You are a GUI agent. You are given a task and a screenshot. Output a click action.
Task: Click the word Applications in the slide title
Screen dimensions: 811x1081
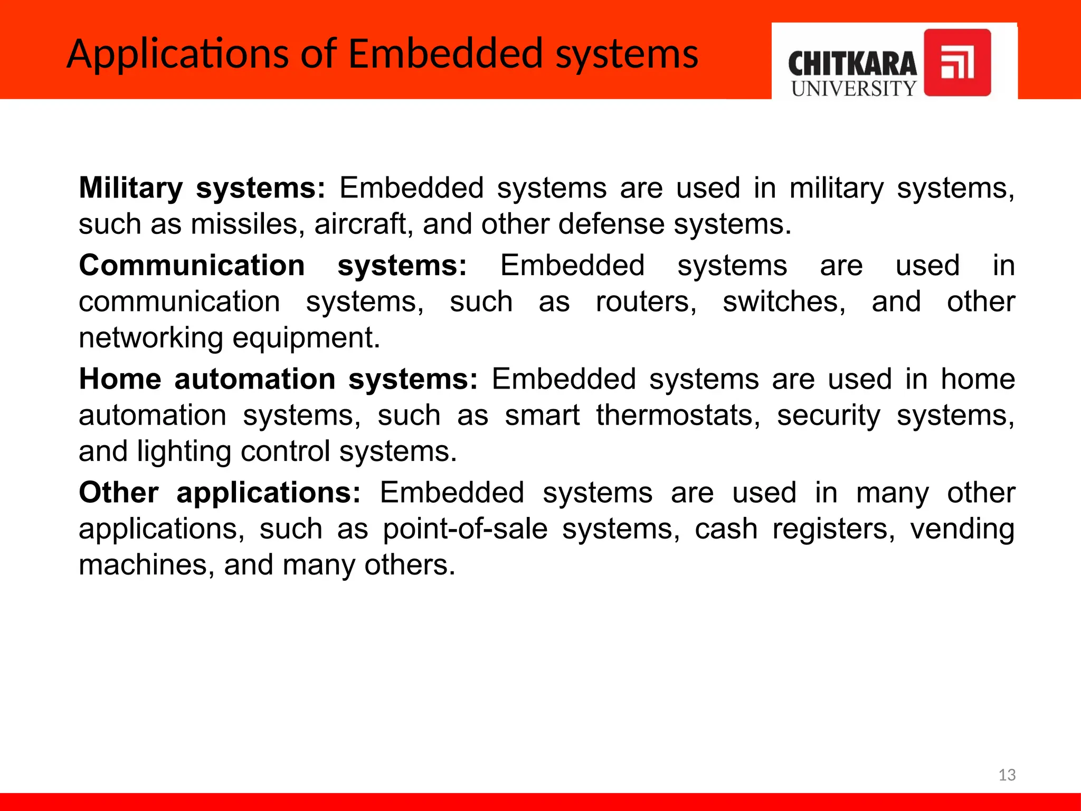177,55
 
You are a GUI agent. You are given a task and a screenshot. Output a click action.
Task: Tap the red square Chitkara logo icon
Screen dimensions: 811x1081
957,63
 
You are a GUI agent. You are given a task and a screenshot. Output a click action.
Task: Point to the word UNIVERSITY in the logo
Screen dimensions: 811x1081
854,89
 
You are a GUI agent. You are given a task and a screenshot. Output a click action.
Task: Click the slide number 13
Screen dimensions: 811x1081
1007,775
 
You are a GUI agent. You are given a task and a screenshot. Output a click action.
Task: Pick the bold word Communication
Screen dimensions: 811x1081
192,265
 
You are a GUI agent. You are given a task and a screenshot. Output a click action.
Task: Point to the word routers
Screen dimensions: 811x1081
646,301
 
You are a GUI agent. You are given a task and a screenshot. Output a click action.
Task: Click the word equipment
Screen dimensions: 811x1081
306,338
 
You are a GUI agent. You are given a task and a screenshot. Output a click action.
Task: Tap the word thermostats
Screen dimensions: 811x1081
678,415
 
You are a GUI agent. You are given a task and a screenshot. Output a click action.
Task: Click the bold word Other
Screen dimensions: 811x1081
119,493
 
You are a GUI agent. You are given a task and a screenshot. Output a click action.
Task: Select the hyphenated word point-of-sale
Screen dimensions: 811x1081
465,529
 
